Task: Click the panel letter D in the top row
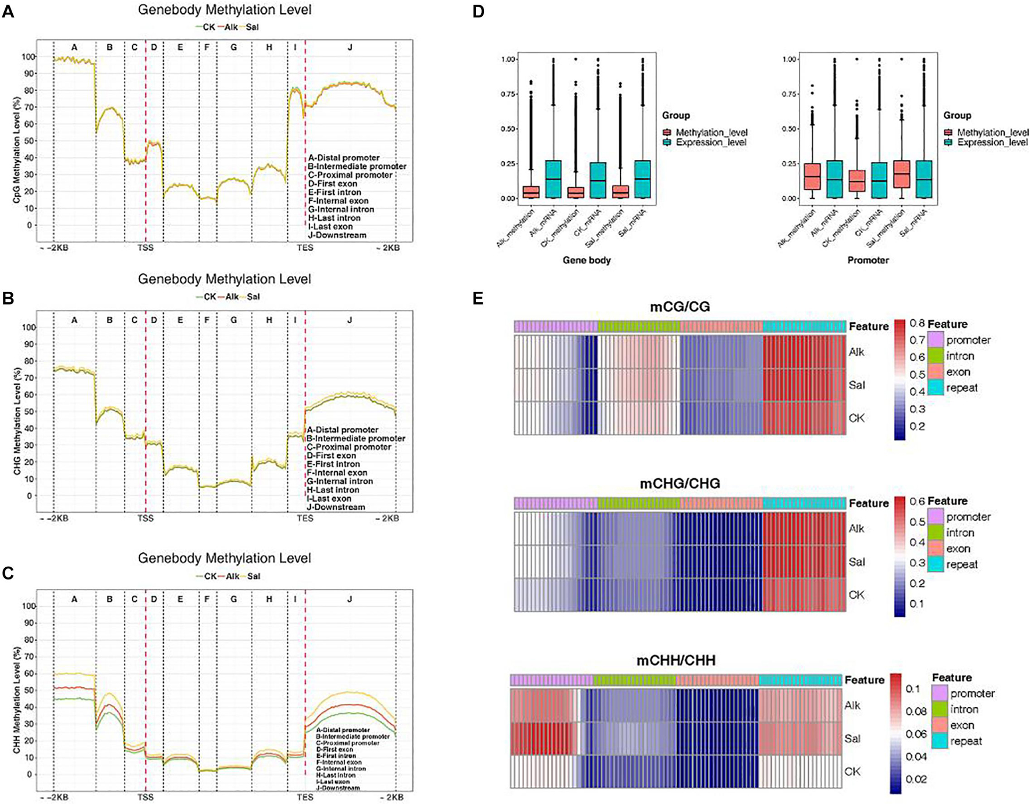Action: point(478,11)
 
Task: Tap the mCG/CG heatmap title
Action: point(680,306)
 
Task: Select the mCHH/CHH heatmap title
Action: point(676,660)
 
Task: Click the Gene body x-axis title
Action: point(586,260)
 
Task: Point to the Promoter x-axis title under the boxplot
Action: point(868,260)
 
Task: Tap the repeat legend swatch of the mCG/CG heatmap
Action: point(936,388)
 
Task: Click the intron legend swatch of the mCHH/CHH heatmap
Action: point(938,709)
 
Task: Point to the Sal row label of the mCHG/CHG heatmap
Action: point(856,561)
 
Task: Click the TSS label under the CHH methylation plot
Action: point(145,797)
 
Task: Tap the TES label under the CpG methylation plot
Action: point(305,248)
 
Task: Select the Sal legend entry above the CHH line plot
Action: point(253,576)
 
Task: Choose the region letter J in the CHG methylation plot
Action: point(350,320)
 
